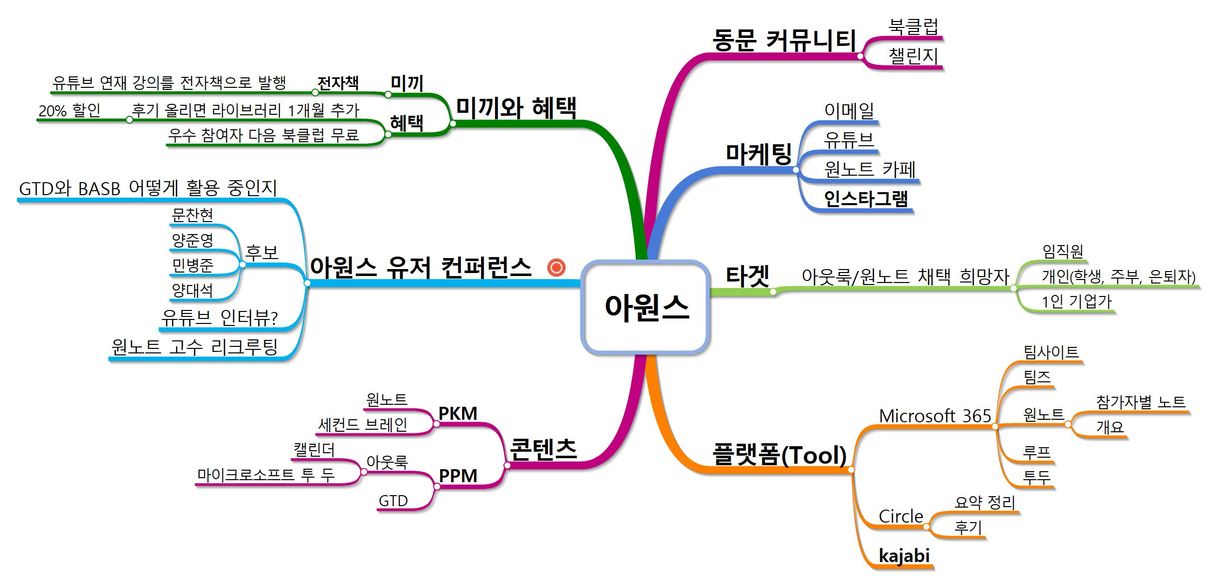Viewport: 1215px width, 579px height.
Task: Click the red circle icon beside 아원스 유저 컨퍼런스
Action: pyautogui.click(x=556, y=268)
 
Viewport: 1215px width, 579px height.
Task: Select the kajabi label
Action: pyautogui.click(x=904, y=556)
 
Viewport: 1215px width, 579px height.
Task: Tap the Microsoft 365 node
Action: pyautogui.click(x=935, y=416)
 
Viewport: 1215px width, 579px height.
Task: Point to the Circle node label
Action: pyautogui.click(x=901, y=516)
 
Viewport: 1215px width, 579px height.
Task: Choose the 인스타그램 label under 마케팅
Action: pyautogui.click(x=866, y=199)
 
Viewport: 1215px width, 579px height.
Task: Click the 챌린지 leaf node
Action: pyautogui.click(x=914, y=55)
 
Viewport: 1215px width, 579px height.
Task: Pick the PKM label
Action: pyautogui.click(x=458, y=413)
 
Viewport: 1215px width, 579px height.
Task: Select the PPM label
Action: pyautogui.click(x=458, y=476)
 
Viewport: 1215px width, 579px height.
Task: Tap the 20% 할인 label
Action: pyautogui.click(x=69, y=110)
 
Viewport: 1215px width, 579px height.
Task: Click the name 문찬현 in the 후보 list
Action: pyautogui.click(x=193, y=215)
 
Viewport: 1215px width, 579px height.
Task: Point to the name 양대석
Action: pyautogui.click(x=193, y=290)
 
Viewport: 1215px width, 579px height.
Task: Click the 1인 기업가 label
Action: pyautogui.click(x=1077, y=301)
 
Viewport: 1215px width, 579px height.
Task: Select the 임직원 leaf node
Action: pyautogui.click(x=1063, y=251)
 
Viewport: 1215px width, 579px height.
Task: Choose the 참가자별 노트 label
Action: pyautogui.click(x=1141, y=402)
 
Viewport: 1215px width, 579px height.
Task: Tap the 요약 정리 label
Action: pyautogui.click(x=984, y=502)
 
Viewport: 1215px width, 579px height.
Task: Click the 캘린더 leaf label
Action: pyautogui.click(x=314, y=450)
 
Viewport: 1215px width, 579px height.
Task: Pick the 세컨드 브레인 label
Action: pyautogui.click(x=363, y=425)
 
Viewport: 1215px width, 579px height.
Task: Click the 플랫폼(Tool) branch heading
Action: pyautogui.click(x=780, y=455)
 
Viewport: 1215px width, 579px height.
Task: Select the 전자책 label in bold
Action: pyautogui.click(x=338, y=83)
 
